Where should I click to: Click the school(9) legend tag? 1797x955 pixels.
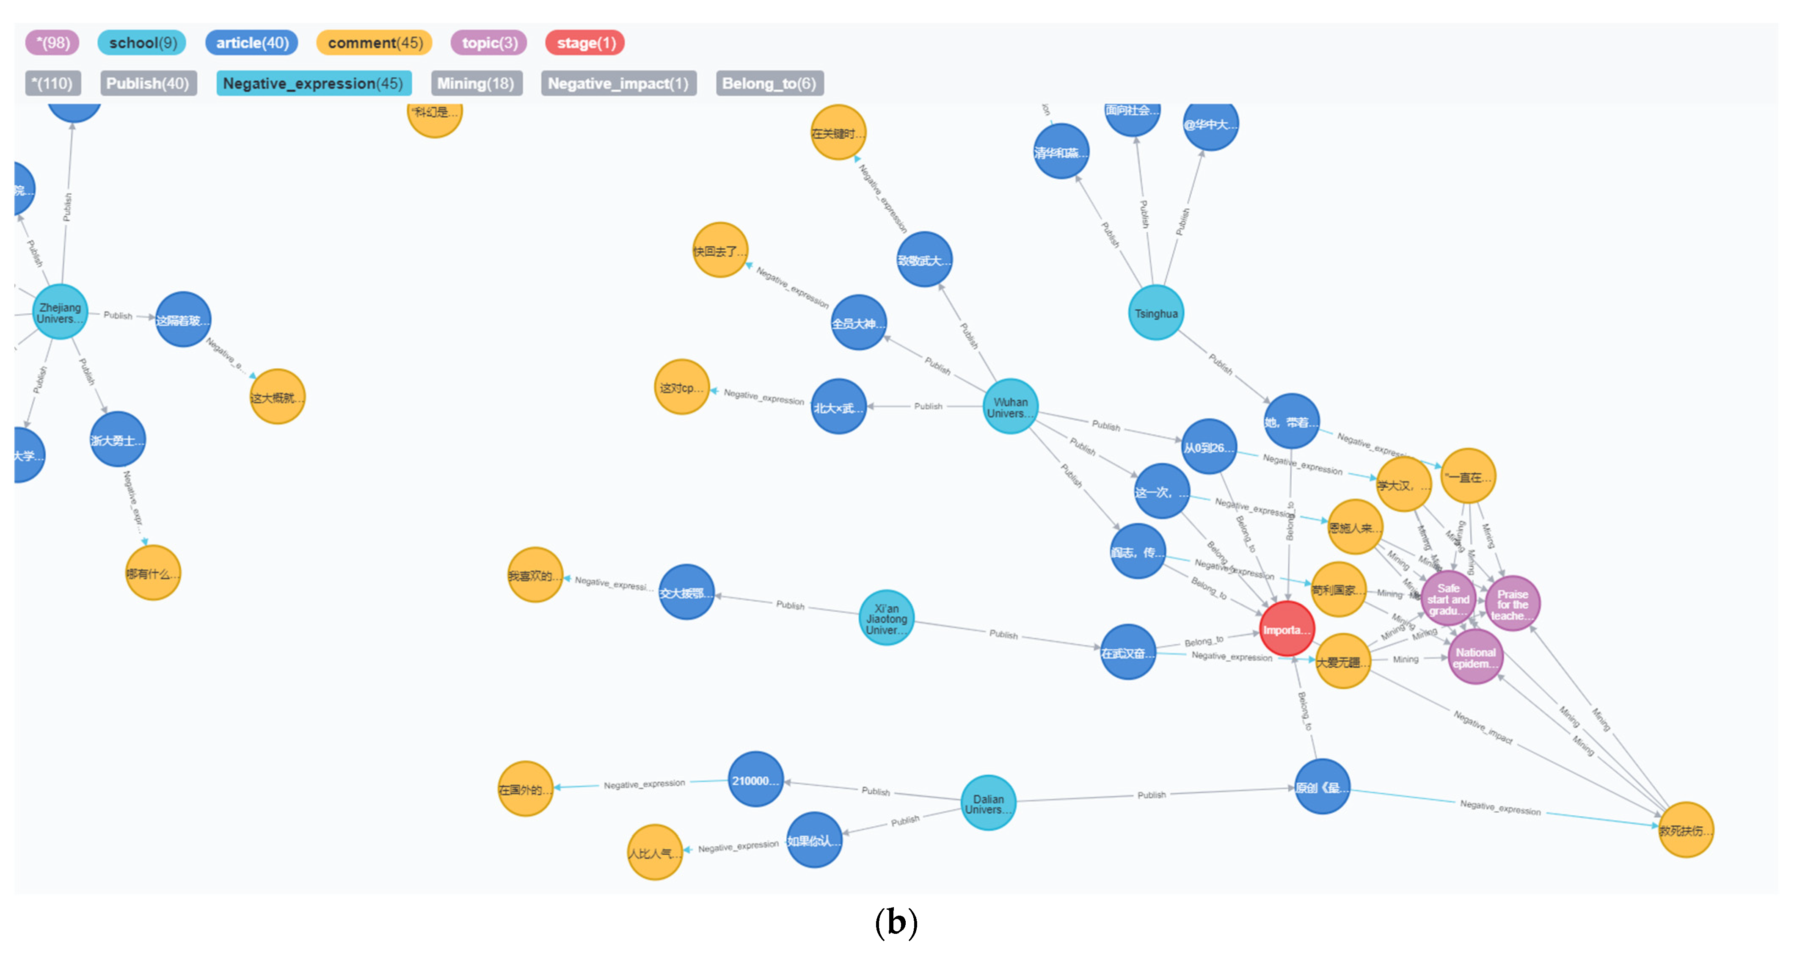(142, 43)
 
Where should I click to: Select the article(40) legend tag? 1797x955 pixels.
(252, 43)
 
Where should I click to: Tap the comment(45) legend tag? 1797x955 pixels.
(375, 43)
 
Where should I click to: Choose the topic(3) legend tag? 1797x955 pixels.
(489, 43)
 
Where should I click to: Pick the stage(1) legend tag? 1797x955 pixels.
(585, 43)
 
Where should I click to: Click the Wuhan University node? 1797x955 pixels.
(1010, 407)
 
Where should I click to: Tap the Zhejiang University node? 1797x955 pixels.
(60, 312)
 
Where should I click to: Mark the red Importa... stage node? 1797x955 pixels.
(1286, 629)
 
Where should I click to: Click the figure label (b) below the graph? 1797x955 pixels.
(896, 922)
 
